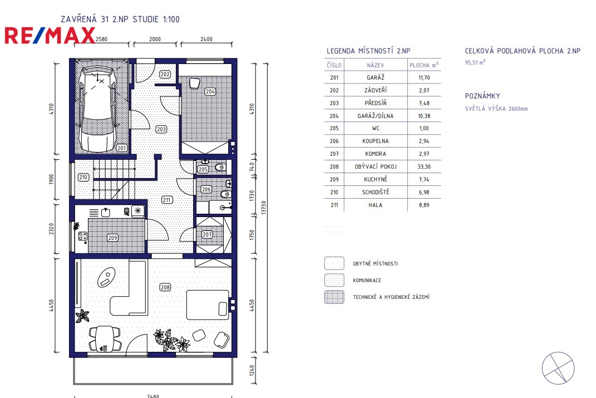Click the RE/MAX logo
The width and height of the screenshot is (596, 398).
click(50, 36)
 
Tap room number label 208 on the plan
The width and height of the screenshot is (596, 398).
click(165, 287)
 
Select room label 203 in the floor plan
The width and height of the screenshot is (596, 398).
click(161, 129)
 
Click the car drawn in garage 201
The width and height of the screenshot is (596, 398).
click(98, 109)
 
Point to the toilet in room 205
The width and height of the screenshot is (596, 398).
click(219, 167)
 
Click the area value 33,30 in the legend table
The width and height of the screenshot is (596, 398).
click(424, 166)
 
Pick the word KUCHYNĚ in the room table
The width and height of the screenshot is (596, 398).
click(375, 179)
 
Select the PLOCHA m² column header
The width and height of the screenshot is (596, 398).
click(424, 65)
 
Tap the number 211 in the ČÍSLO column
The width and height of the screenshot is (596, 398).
click(334, 205)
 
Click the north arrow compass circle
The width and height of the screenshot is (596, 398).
click(558, 368)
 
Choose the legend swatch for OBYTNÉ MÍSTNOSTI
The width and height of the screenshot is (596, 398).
click(334, 263)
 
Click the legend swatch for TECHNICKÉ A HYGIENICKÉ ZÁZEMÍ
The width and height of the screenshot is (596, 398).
click(334, 297)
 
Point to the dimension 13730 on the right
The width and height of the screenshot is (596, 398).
click(264, 208)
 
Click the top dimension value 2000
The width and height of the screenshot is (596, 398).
click(155, 39)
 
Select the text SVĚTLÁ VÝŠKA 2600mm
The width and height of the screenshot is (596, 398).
click(496, 109)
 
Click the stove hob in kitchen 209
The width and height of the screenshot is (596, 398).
click(82, 237)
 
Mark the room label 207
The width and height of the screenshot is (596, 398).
click(207, 234)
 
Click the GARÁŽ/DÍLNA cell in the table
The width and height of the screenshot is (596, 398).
click(375, 116)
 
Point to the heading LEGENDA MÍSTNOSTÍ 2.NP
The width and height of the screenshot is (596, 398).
click(368, 51)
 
